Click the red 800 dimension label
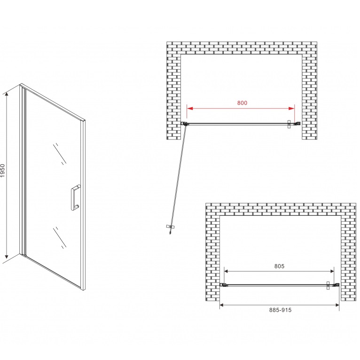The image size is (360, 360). pos(242,102)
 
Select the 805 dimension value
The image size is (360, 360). pos(279,266)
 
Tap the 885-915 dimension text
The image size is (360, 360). pos(280,310)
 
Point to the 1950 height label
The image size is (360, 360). pos(3,170)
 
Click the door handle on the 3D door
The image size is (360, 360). pos(76,197)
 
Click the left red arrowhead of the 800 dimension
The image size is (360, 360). pos(190,109)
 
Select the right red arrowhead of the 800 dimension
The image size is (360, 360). pos(291,109)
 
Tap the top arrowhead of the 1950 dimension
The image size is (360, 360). pos(7,94)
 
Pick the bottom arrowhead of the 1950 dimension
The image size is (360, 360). pos(7,256)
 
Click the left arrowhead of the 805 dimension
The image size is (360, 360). pos(226,271)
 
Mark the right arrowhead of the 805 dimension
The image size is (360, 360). pos(332,271)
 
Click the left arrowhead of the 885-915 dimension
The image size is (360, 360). pos(222,305)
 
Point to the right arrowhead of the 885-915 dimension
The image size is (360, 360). pos(337,305)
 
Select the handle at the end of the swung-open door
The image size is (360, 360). pos(170,227)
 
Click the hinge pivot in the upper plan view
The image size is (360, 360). pos(185,124)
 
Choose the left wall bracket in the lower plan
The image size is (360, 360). pos(223,285)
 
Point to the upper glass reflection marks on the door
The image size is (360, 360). pos(60,154)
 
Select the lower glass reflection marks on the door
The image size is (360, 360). pos(60,238)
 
